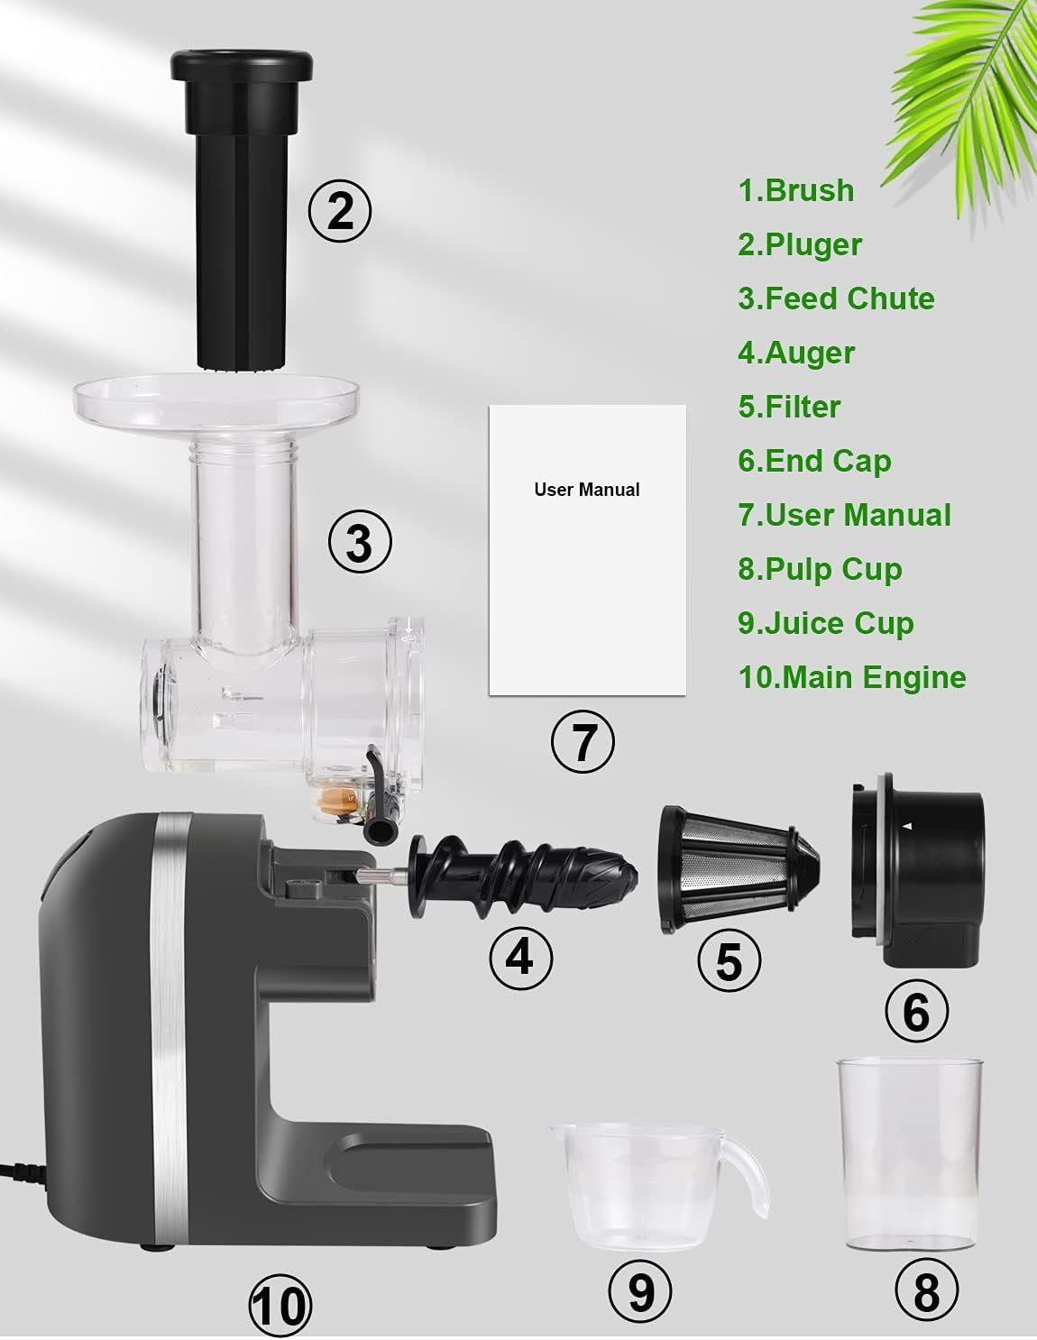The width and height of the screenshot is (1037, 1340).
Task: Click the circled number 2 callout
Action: [x=340, y=211]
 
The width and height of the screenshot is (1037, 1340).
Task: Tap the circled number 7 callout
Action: [x=583, y=741]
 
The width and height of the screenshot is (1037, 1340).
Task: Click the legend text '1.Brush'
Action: [x=796, y=190]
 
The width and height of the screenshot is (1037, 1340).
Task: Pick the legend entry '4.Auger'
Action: [x=796, y=353]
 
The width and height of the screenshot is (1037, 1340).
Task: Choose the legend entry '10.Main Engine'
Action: [x=852, y=677]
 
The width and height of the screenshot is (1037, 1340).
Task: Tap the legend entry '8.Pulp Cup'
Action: [x=820, y=569]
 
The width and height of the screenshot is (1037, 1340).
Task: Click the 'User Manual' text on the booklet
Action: [x=586, y=490]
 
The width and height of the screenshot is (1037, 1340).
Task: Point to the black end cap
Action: [x=918, y=870]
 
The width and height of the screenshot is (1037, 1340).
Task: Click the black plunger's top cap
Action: [x=242, y=66]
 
